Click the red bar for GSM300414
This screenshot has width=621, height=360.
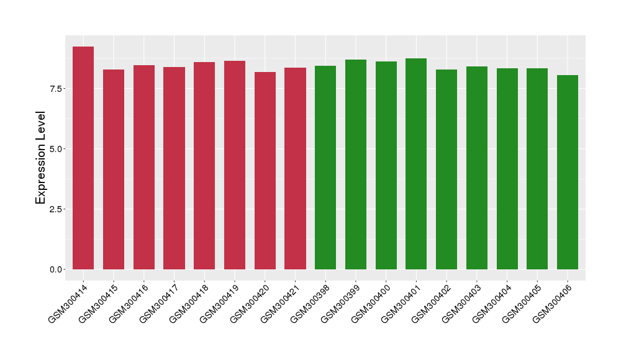(83, 158)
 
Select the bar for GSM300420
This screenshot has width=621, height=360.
(265, 171)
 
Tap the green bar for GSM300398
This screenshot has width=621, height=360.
(325, 168)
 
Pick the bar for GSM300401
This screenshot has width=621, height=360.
(416, 164)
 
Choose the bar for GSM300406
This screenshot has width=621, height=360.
(568, 173)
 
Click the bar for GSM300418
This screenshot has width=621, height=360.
(204, 166)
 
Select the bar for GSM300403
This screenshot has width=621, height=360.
(477, 168)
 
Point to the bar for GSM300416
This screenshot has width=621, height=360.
(144, 167)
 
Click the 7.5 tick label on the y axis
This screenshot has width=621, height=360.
(56, 89)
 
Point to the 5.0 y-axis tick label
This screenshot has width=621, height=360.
(56, 149)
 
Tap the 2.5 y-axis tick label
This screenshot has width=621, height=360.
(56, 209)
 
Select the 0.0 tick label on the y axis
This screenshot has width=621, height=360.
(56, 270)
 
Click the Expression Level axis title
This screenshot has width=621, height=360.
(40, 158)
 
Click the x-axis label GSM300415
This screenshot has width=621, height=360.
(98, 304)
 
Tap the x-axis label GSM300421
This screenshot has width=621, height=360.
(279, 304)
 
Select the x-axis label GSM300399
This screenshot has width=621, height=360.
(340, 304)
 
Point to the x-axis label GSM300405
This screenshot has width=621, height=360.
(521, 304)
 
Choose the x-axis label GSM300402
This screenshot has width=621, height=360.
(430, 304)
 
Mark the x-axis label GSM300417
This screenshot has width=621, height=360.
(158, 304)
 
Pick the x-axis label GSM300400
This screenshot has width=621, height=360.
(370, 304)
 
